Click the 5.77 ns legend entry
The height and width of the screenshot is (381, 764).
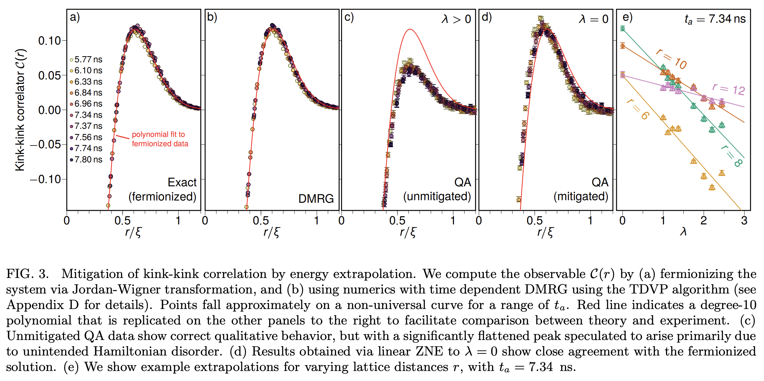[86, 59]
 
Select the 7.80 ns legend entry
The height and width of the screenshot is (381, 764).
[86, 160]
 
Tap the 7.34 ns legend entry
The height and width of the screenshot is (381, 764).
[86, 115]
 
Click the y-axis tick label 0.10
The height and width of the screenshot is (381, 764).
[49, 41]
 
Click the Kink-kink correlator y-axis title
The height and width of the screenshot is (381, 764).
[20, 110]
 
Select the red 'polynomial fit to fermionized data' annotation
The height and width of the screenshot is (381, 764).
[160, 139]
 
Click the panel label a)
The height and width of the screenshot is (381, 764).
[75, 17]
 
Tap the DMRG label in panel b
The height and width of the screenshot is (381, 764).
[316, 198]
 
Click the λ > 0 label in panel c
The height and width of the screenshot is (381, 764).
[456, 19]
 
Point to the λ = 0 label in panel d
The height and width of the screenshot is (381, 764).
[593, 19]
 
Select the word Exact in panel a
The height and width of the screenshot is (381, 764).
[182, 182]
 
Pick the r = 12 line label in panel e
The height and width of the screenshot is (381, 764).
[729, 89]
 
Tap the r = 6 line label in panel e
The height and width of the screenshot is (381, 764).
[638, 109]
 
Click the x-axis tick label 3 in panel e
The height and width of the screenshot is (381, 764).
[744, 221]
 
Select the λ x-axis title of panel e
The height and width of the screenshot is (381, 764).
[683, 232]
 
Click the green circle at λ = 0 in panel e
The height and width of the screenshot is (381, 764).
[623, 29]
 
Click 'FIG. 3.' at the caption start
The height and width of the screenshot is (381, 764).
[27, 274]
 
